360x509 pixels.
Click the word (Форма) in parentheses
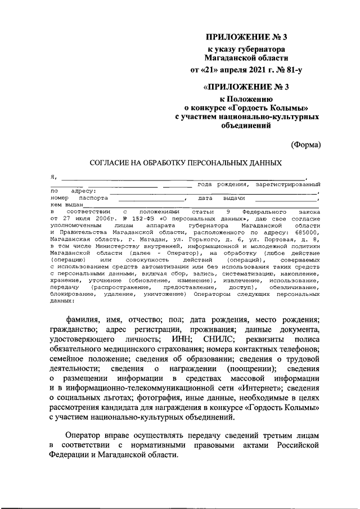coord(305,144)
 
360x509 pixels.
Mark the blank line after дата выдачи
coord(286,199)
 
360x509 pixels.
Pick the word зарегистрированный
coord(287,184)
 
